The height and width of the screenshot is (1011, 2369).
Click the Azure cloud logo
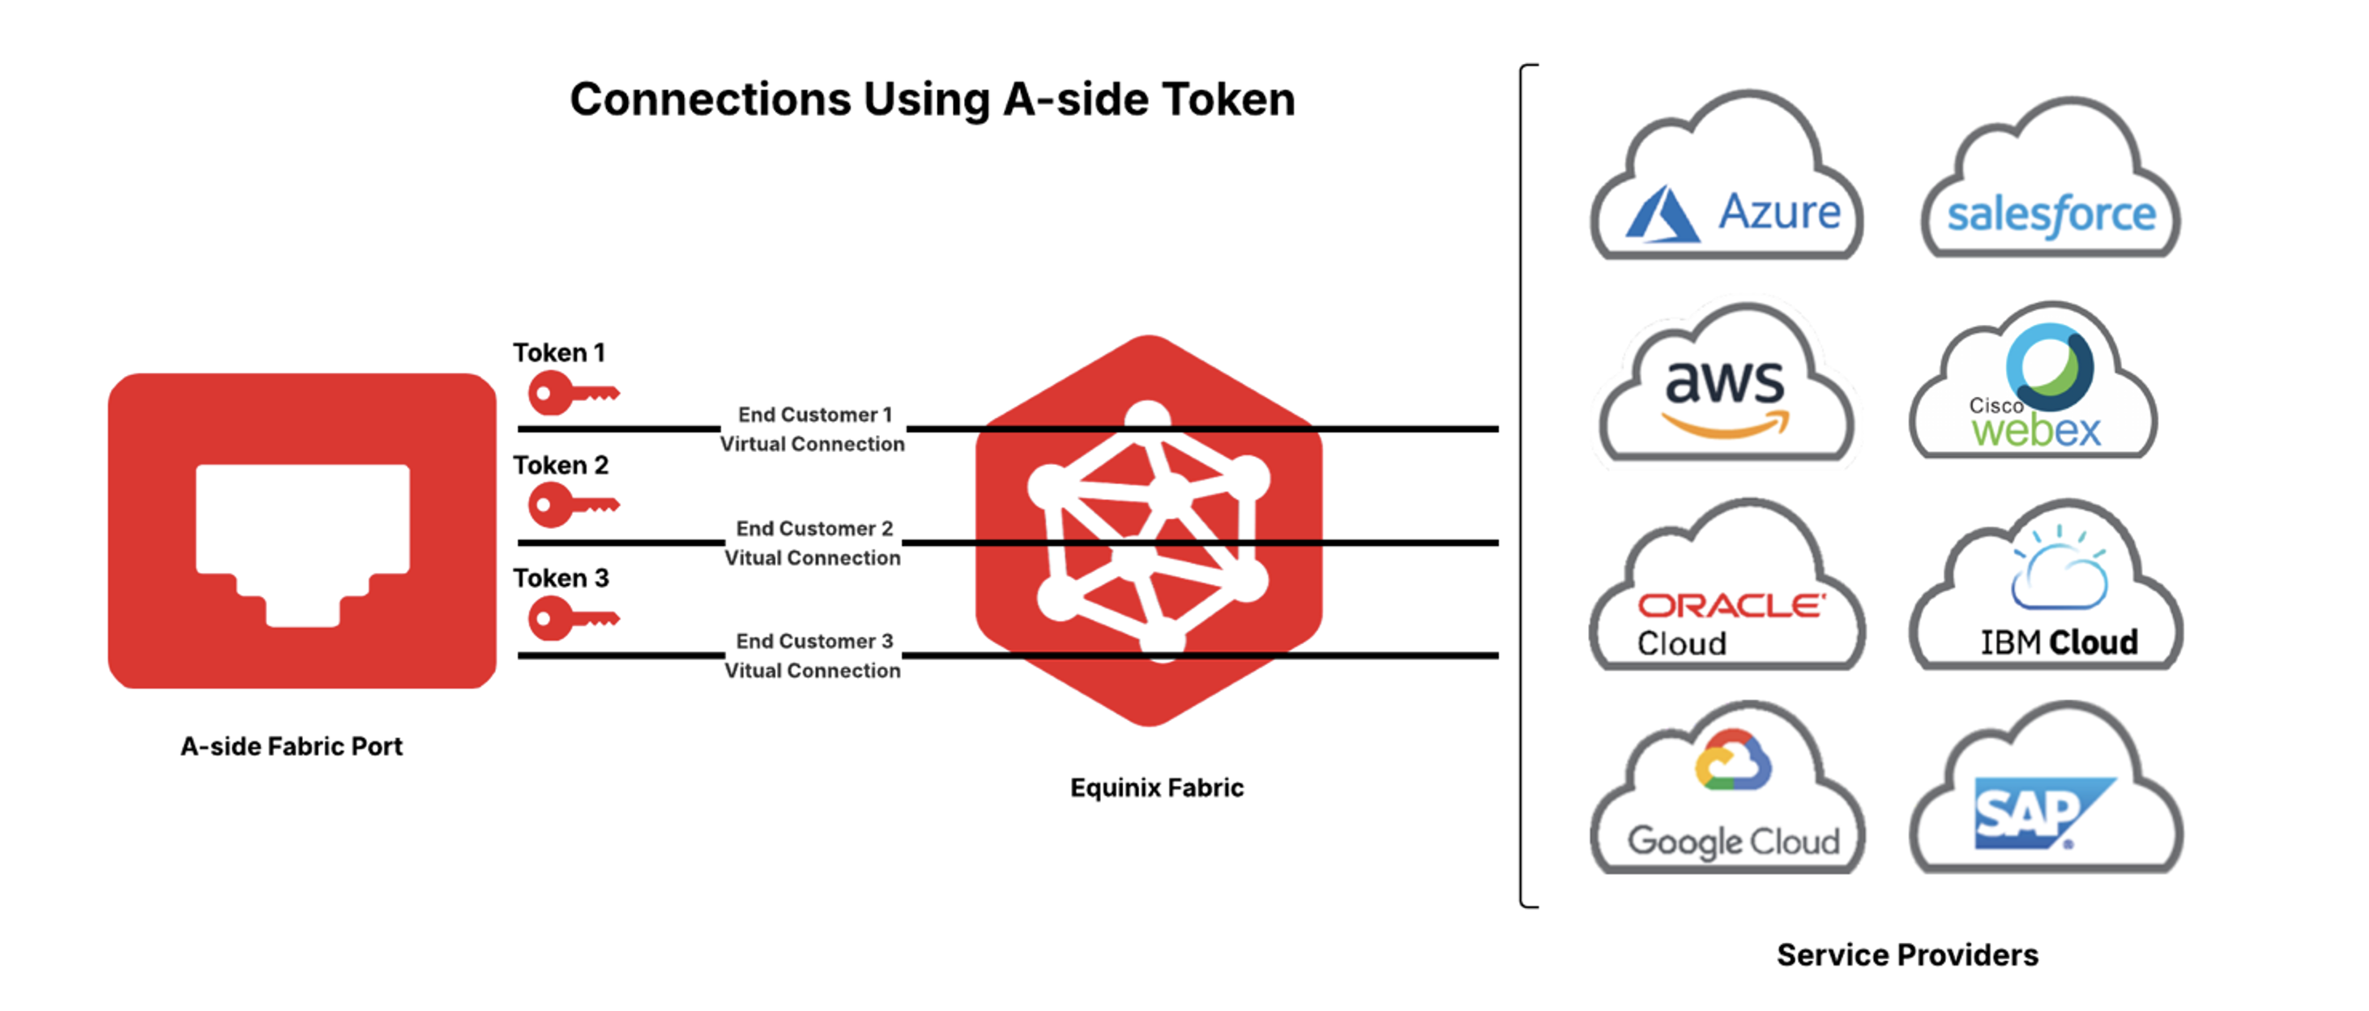1728,184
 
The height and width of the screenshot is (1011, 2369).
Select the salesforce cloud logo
2051,189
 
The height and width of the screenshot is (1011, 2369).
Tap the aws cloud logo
1727,391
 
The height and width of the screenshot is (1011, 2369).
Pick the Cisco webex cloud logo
2034,391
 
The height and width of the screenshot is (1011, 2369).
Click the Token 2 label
561,466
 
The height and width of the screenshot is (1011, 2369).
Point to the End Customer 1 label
815,415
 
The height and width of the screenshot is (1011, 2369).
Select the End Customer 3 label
815,641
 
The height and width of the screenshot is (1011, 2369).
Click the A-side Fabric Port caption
292,746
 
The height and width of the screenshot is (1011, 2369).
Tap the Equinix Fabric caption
1157,787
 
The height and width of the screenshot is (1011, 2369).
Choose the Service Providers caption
1907,955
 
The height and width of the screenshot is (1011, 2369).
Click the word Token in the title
1228,100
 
